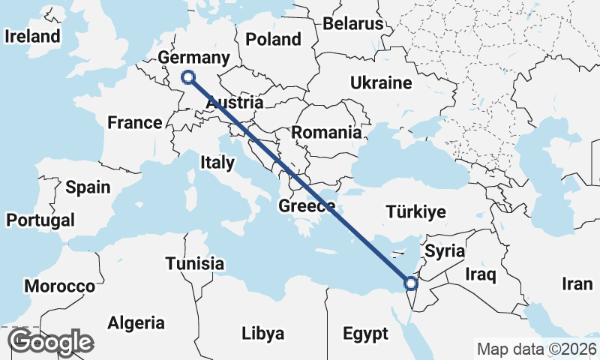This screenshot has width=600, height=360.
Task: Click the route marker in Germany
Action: coord(189,76)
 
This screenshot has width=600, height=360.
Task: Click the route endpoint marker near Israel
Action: coord(410,283)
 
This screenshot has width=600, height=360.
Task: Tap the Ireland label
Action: coord(32,36)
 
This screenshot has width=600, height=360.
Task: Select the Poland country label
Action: coord(274,39)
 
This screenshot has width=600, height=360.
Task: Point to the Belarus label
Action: coord(352,24)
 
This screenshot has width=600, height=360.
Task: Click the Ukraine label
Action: coord(381,82)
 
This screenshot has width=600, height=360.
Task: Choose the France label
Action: coord(135,122)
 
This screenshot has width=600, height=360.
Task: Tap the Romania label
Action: coord(326,133)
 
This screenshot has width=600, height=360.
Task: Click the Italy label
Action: coord(217,162)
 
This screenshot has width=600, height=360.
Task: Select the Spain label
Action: coord(88,187)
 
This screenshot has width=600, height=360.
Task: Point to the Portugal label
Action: coord(40,220)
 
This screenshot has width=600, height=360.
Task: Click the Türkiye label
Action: coord(415,211)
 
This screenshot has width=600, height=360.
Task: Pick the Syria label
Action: coord(445,250)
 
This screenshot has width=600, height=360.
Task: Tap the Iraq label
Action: coord(481,274)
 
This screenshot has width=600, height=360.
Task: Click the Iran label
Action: coord(577,284)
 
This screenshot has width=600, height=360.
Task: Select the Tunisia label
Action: coord(195,264)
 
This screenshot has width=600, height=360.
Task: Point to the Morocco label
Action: coord(60,286)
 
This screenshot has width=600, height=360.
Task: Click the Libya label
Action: coord(262,333)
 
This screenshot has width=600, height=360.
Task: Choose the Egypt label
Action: coord(365,333)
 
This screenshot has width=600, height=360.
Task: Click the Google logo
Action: coord(50,342)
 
